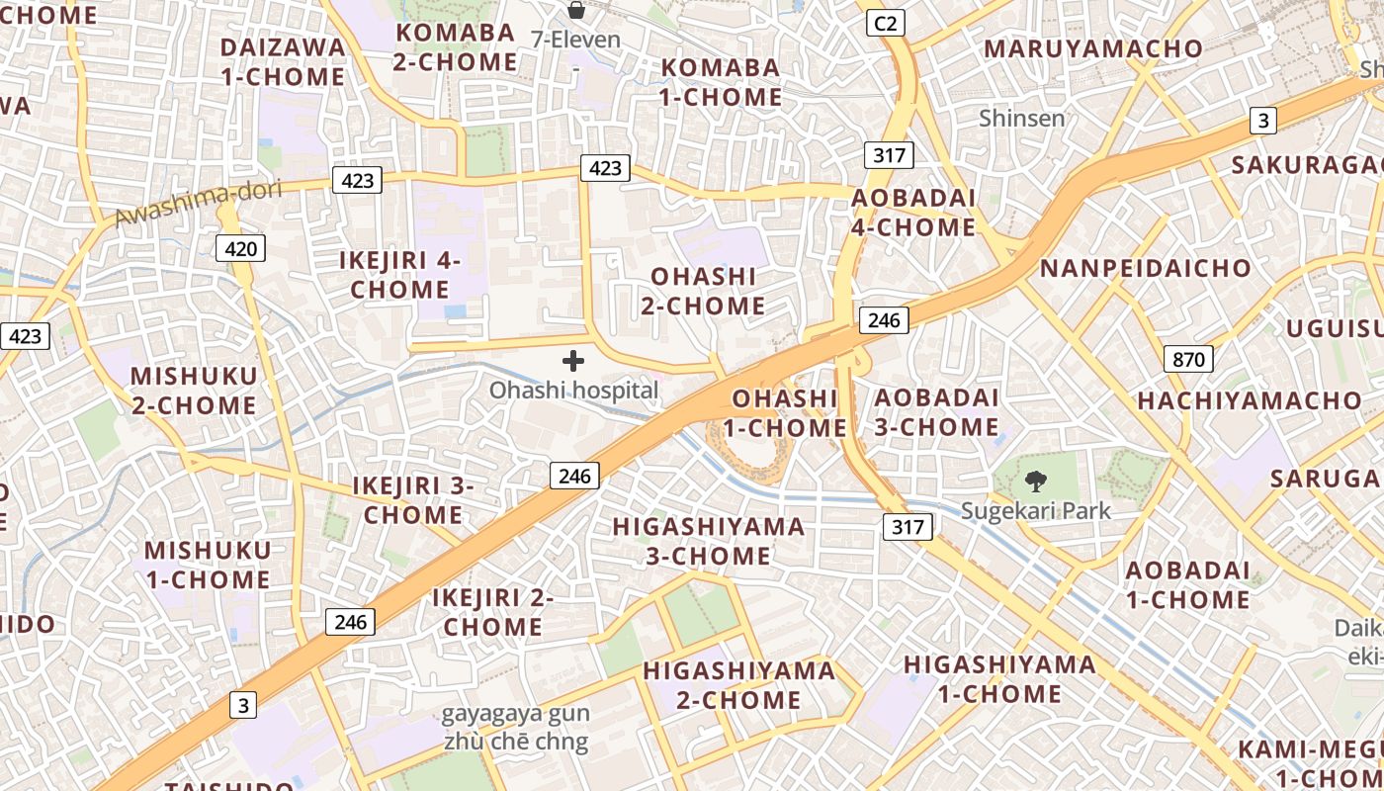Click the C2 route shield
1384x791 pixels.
tap(886, 23)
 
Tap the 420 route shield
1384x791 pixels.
tap(240, 247)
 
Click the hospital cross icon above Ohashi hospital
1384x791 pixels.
tap(573, 361)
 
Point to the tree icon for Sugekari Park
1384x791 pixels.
tap(1035, 482)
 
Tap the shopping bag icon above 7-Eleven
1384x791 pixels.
tap(575, 11)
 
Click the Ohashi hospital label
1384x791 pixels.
tap(573, 391)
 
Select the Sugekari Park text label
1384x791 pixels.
tap(1035, 511)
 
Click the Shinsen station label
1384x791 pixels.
tap(1021, 119)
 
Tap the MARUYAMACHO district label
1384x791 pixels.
tap(1092, 48)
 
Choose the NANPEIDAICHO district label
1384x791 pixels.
tap(1145, 268)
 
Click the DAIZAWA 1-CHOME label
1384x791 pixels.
tap(283, 62)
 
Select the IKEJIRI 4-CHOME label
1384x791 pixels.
tap(400, 275)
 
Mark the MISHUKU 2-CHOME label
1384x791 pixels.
tap(194, 391)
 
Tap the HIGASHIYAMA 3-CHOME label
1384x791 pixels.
tap(708, 541)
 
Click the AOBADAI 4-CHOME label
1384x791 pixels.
tap(913, 213)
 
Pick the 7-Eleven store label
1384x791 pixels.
tap(575, 41)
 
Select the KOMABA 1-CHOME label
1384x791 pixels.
tap(721, 82)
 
